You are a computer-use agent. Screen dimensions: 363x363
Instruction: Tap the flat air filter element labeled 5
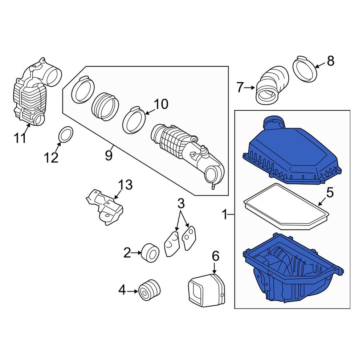tap(287, 207)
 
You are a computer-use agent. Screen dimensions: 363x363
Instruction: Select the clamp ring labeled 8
tap(305, 69)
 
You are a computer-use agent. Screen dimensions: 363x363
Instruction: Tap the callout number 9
tap(109, 156)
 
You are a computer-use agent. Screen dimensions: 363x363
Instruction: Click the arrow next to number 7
tap(250, 87)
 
